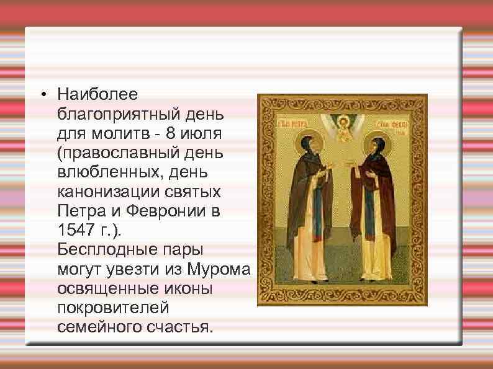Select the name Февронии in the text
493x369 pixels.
[168, 211]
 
